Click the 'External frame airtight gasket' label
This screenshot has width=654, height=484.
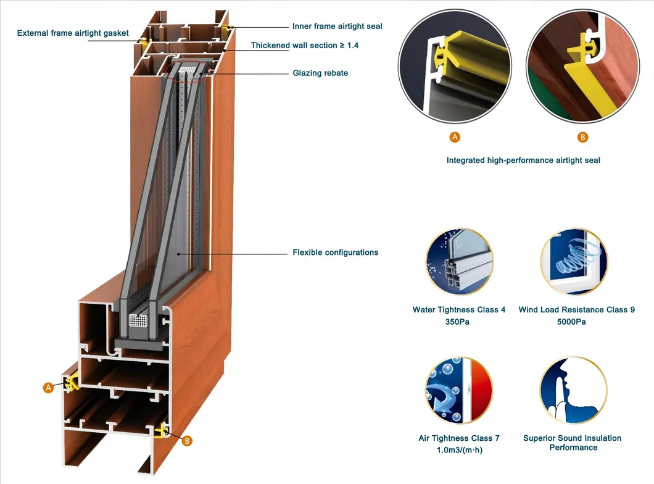[x=73, y=33]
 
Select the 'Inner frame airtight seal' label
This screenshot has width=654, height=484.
[x=337, y=27]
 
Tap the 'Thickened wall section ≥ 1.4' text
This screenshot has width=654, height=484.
[x=304, y=46]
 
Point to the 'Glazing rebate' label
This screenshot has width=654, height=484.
[x=320, y=73]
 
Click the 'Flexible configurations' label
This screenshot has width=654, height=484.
[x=335, y=252]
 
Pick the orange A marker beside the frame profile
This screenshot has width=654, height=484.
[x=49, y=388]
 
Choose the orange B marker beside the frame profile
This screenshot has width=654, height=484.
[x=188, y=440]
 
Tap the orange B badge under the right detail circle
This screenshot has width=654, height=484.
[x=583, y=137]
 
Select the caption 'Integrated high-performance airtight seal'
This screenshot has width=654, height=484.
[x=523, y=160]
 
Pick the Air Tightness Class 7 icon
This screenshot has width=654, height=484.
[x=459, y=391]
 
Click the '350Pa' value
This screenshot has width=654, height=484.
[x=458, y=322]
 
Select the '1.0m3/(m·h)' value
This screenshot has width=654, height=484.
[x=458, y=450]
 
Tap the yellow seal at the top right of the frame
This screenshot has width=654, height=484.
[x=230, y=29]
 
